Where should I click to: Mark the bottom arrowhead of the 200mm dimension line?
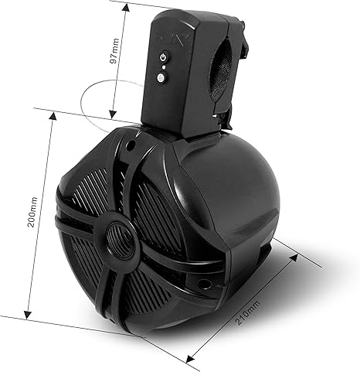29,316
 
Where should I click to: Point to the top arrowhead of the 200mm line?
53,113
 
